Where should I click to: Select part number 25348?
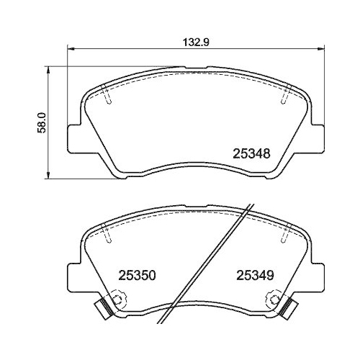251,153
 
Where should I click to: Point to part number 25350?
137,275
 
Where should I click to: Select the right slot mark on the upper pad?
287,96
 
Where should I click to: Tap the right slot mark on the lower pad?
287,232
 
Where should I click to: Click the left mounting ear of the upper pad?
74,138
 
